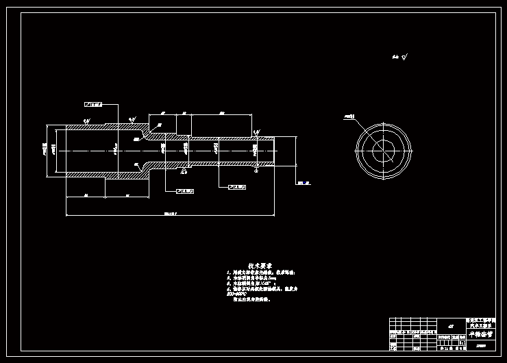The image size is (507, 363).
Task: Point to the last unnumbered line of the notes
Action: [251, 300]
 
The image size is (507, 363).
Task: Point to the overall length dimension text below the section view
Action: [171, 214]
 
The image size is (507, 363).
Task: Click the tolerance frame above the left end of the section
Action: [93, 105]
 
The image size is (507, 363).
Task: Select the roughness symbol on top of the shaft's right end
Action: [256, 132]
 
